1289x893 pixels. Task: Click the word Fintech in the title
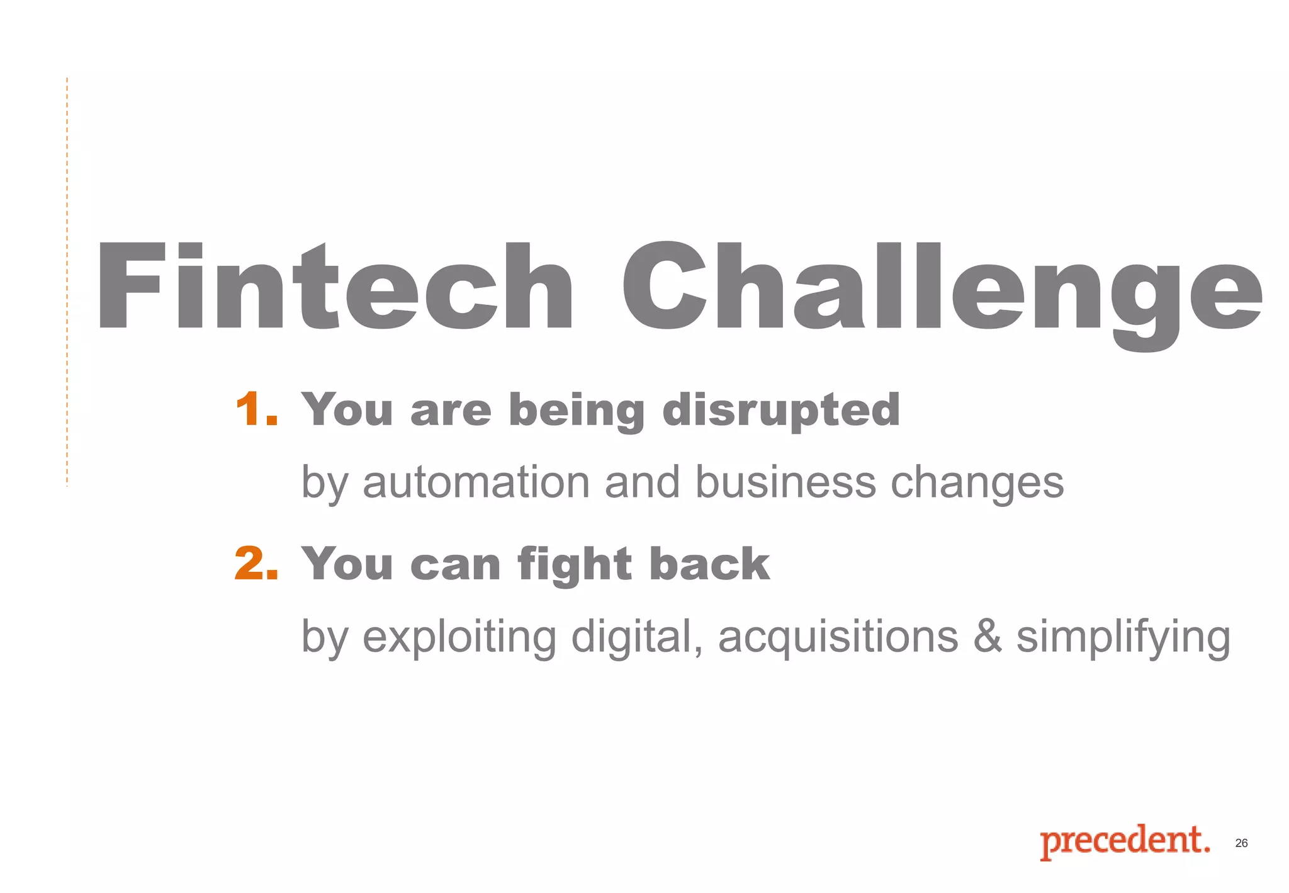click(334, 287)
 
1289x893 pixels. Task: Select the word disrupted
click(780, 411)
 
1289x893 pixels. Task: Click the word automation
click(476, 482)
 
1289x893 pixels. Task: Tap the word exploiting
click(459, 637)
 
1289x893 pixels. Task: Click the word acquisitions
click(838, 637)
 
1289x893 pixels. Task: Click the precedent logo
click(1124, 841)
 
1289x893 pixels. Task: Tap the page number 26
click(1241, 843)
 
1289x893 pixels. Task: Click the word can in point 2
click(455, 564)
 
